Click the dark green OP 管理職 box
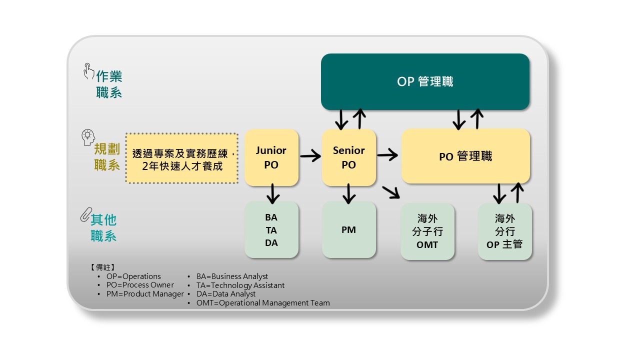point(425,81)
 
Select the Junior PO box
point(271,157)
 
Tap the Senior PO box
point(348,157)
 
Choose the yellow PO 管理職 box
point(465,156)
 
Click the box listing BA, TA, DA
point(271,230)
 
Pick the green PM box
point(348,230)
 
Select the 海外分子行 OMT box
point(427,231)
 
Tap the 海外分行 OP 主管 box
point(505,231)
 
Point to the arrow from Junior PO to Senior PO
point(310,156)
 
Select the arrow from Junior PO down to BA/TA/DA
point(272,193)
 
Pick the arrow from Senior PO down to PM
point(349,193)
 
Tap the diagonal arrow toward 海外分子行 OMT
point(391,192)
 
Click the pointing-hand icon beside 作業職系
point(88,71)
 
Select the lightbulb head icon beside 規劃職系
point(88,136)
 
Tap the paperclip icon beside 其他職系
point(84,214)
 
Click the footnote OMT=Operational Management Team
point(263,302)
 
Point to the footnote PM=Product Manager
point(145,294)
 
